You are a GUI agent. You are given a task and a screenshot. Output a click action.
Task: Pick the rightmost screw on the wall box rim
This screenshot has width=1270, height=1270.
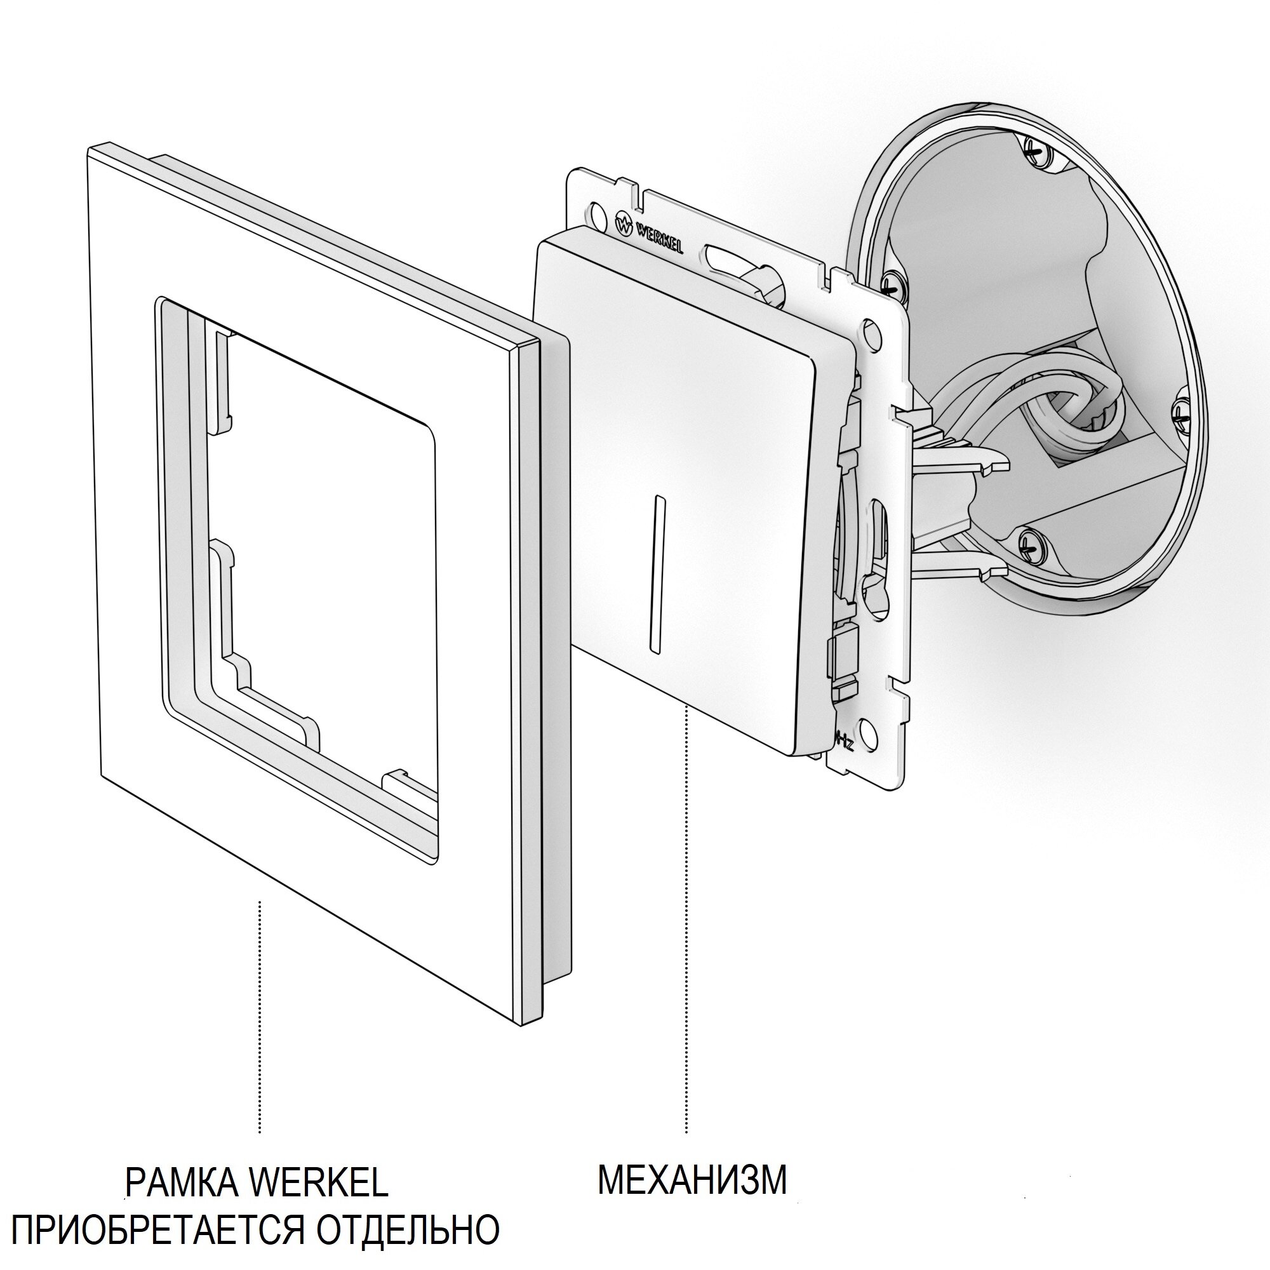(x=1180, y=416)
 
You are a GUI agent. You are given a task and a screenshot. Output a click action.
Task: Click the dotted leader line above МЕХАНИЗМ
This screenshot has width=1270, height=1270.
(x=686, y=789)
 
